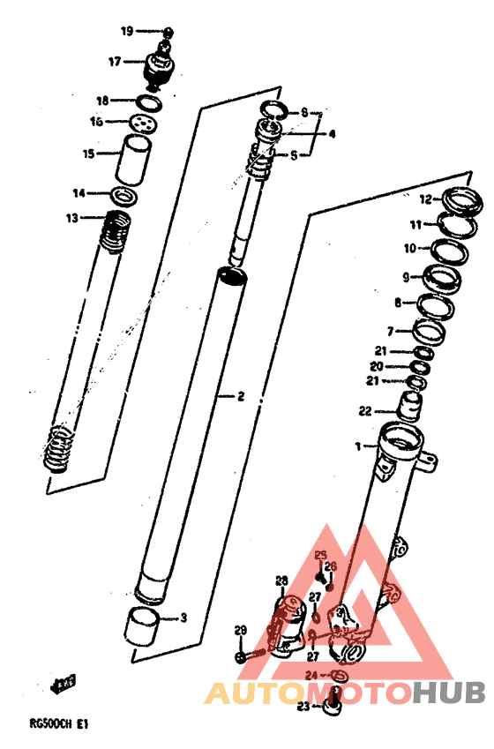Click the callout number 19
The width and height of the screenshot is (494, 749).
(x=127, y=31)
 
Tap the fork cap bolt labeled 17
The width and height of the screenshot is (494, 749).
(x=160, y=65)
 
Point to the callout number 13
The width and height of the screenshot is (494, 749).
(x=71, y=218)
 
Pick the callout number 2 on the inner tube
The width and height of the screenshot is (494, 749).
(x=239, y=396)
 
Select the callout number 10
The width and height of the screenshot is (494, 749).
(x=410, y=248)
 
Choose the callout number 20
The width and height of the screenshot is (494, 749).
(x=376, y=366)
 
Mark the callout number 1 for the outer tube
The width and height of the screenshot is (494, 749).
(x=358, y=446)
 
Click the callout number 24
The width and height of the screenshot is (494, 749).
(x=311, y=676)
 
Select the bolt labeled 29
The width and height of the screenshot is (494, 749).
(x=241, y=657)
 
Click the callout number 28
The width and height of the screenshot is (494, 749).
(x=281, y=580)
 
